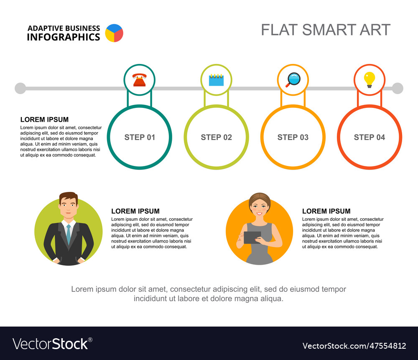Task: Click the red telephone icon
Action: pos(140,80)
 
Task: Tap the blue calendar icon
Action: pos(216,80)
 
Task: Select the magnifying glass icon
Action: pos(293,79)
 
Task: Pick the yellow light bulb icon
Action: pos(370,79)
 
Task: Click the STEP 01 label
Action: pos(140,137)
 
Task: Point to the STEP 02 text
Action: pos(216,137)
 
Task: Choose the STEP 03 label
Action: pos(293,137)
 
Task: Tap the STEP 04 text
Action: pos(370,137)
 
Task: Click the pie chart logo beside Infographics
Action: pos(114,33)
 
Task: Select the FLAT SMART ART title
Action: pos(326,30)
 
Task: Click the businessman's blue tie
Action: pos(69,235)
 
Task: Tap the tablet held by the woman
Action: pos(252,237)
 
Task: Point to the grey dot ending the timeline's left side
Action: pos(20,88)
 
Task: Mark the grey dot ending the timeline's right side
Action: pos(398,88)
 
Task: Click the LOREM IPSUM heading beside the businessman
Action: pos(135,211)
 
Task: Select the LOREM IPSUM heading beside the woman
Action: pos(326,211)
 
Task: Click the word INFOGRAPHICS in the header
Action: pos(64,37)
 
